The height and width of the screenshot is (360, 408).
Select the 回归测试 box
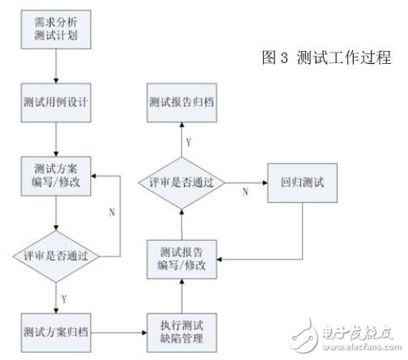pyautogui.click(x=301, y=181)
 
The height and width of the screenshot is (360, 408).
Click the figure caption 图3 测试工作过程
pyautogui.click(x=326, y=57)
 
